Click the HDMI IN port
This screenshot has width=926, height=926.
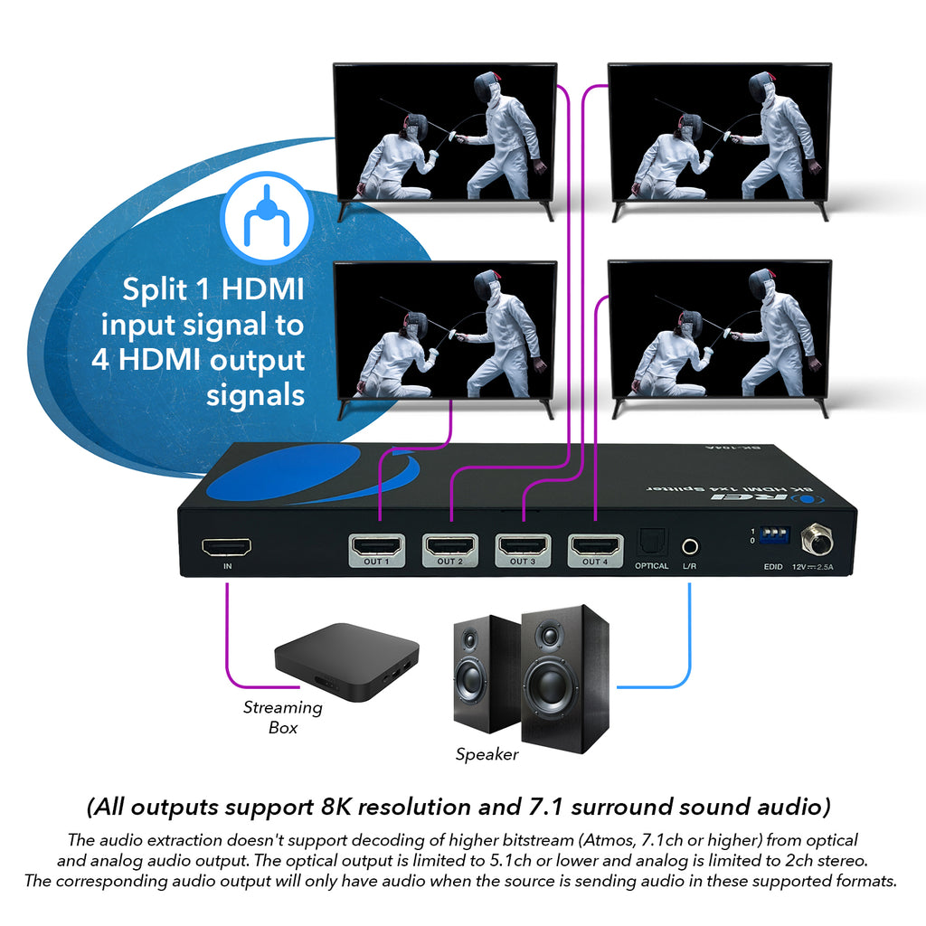tap(226, 547)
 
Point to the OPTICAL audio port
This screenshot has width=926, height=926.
tap(651, 543)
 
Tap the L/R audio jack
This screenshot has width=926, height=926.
tap(690, 546)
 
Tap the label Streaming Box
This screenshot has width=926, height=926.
tap(282, 717)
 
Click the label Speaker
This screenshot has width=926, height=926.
tap(487, 754)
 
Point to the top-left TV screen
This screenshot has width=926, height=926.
tap(444, 133)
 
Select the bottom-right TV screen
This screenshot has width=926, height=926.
tap(719, 330)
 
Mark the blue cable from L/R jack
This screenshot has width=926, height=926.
tap(689, 633)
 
